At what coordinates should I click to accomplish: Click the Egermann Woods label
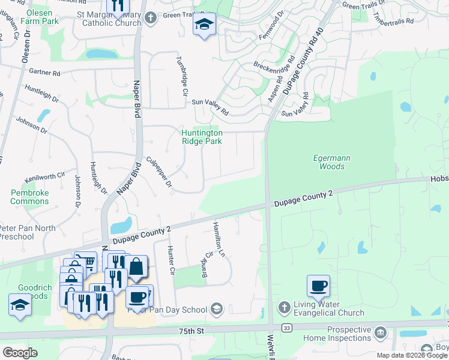[332, 162]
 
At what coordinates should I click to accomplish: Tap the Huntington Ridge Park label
[202, 137]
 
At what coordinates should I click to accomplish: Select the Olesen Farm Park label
[39, 16]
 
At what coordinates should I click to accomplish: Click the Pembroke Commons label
[29, 197]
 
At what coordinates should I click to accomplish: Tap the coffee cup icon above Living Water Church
[318, 286]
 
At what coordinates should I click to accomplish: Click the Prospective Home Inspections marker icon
[380, 332]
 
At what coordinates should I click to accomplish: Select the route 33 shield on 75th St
[288, 328]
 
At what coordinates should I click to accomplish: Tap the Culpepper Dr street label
[160, 172]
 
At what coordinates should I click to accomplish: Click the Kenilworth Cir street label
[44, 178]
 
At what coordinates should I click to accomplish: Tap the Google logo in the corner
[20, 353]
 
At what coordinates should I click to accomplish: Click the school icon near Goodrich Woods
[20, 305]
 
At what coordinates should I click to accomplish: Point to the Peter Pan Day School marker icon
[216, 309]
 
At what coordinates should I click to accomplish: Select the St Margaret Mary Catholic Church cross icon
[151, 17]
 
